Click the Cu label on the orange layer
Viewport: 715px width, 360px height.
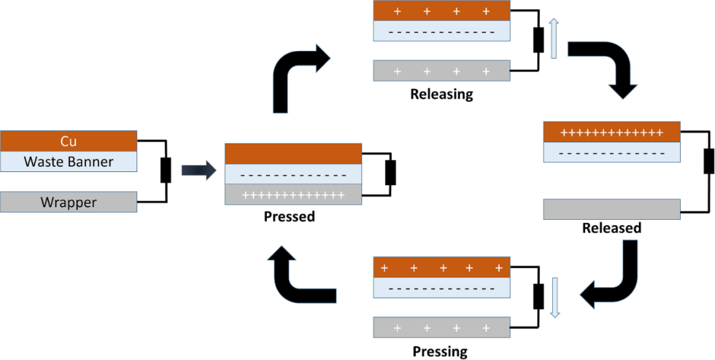tap(68, 141)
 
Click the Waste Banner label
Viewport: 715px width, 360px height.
tap(68, 161)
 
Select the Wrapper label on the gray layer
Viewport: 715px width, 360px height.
tap(68, 202)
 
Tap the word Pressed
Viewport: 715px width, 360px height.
tap(289, 216)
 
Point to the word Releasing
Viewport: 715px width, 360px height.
tap(442, 94)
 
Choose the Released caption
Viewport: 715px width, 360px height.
tap(612, 228)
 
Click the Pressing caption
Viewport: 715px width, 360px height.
tap(440, 351)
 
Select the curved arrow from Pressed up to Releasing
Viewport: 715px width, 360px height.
tap(295, 73)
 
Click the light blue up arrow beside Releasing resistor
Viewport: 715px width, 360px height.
tap(554, 38)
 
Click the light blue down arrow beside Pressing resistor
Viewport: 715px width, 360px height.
tap(555, 297)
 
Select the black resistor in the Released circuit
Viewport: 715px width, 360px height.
tap(708, 161)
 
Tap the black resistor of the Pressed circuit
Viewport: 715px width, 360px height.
tap(391, 173)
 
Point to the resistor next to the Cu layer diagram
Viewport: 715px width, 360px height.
tap(166, 170)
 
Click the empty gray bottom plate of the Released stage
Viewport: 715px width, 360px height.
tap(612, 209)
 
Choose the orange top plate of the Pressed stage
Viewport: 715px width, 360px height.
tap(293, 154)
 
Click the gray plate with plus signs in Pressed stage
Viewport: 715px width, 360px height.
tap(293, 195)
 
